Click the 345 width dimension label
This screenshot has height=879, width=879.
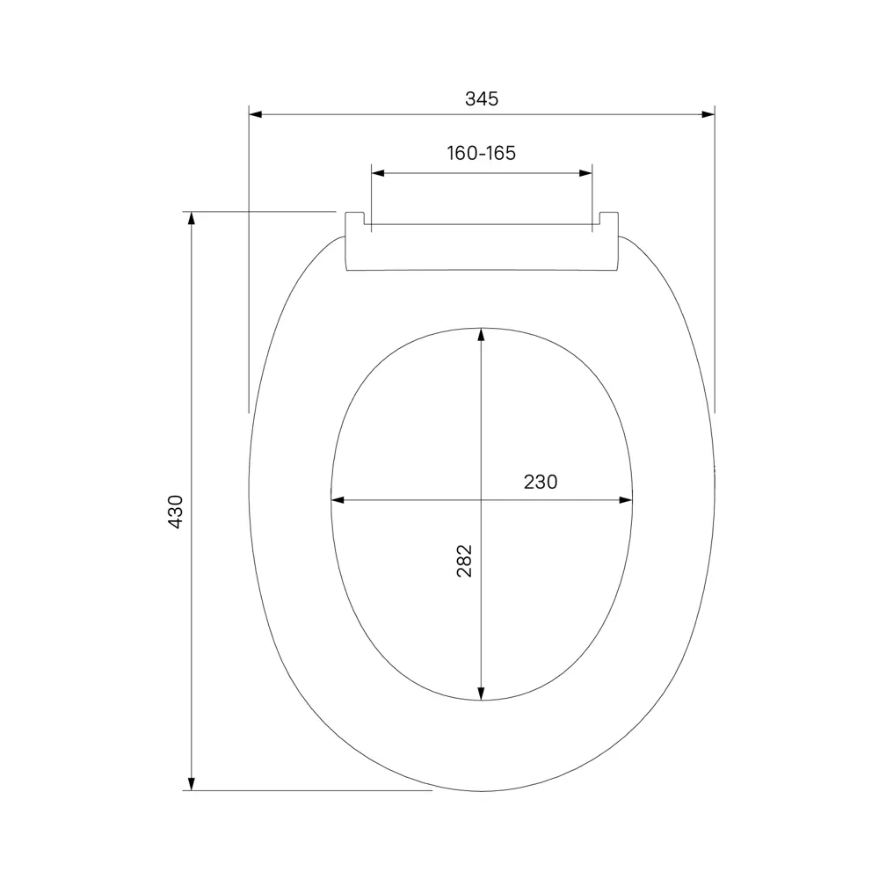click(x=481, y=98)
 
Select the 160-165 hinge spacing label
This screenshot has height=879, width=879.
click(x=481, y=153)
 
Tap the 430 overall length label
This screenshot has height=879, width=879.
click(x=175, y=511)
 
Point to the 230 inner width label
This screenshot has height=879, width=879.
click(x=540, y=482)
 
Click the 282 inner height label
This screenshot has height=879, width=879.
click(x=464, y=561)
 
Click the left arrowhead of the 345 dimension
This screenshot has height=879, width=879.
click(x=256, y=114)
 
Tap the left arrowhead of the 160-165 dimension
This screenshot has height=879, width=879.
click(x=378, y=174)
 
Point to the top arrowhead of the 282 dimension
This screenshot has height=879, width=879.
click(x=481, y=335)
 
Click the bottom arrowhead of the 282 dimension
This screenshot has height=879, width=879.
click(x=481, y=695)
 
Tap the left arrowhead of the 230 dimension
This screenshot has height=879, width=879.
click(x=338, y=501)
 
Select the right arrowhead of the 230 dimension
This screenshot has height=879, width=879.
click(x=626, y=501)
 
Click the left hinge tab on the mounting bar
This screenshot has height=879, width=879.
click(x=355, y=219)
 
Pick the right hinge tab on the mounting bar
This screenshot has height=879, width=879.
click(x=608, y=219)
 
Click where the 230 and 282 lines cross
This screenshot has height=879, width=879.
click(x=481, y=501)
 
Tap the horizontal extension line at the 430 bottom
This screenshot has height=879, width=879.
click(x=308, y=790)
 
